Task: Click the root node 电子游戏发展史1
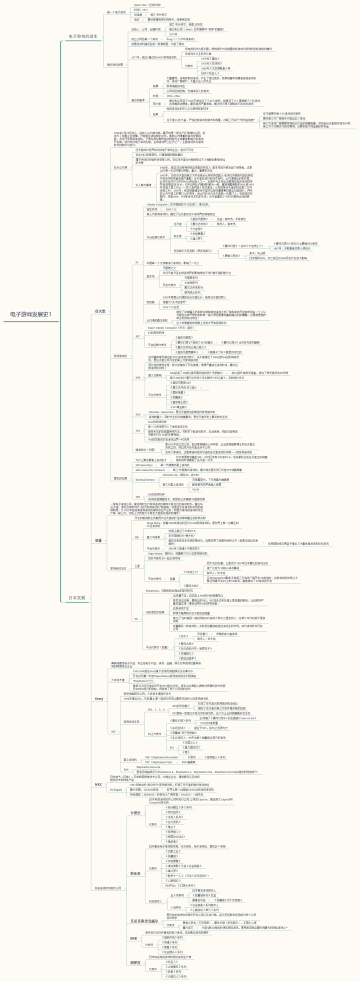pyautogui.click(x=30, y=314)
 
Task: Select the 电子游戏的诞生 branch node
pyautogui.click(x=83, y=36)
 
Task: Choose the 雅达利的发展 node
pyautogui.click(x=114, y=64)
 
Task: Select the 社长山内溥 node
pyautogui.click(x=120, y=167)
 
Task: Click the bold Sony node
pyautogui.click(x=99, y=698)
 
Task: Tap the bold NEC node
pyautogui.click(x=98, y=784)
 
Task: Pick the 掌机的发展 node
pyautogui.click(x=120, y=478)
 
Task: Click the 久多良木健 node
pyautogui.click(x=118, y=680)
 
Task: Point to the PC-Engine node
pyautogui.click(x=116, y=789)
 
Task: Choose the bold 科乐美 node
pyautogui.click(x=135, y=873)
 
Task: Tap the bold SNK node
pyautogui.click(x=133, y=938)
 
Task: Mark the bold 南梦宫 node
pyautogui.click(x=135, y=962)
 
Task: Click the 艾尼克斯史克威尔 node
pyautogui.click(x=144, y=920)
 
